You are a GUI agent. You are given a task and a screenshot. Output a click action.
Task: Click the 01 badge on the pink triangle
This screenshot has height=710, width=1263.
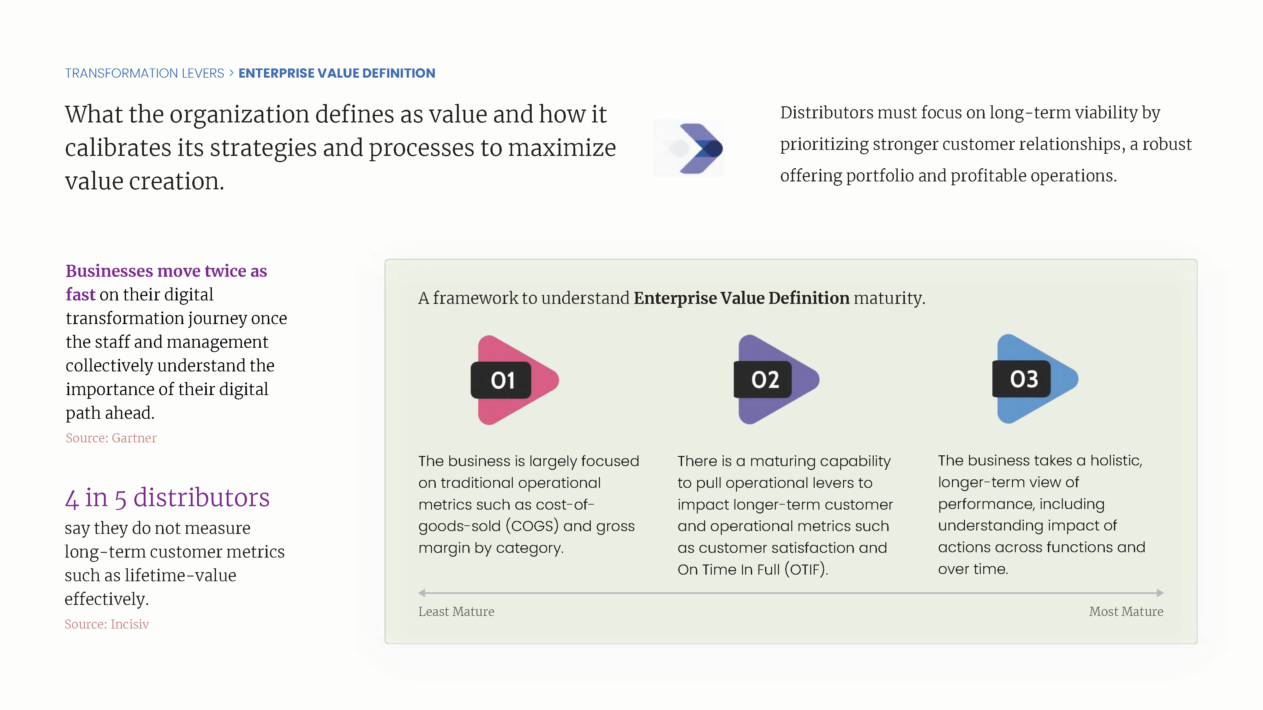(500, 380)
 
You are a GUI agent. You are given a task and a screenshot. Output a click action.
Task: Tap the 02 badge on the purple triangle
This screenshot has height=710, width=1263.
(763, 380)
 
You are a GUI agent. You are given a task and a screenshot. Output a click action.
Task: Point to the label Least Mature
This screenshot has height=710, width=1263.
(456, 612)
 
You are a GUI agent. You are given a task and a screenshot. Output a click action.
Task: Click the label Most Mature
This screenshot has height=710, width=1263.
(1126, 612)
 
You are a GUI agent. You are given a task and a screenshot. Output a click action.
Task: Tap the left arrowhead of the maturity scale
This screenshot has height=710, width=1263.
(422, 593)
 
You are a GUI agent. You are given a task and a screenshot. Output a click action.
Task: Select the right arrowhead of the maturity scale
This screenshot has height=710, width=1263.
(1160, 593)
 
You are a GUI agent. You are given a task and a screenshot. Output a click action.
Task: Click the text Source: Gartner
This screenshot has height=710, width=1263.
(111, 438)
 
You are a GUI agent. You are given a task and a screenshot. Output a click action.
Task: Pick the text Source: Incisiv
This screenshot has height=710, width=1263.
(107, 624)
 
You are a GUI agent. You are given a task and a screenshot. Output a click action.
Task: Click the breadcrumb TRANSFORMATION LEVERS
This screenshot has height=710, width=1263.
(145, 74)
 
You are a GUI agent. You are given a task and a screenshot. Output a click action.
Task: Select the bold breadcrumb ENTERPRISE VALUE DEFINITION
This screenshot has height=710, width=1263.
(337, 74)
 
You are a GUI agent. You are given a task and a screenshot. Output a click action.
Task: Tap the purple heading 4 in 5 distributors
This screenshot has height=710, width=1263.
(167, 498)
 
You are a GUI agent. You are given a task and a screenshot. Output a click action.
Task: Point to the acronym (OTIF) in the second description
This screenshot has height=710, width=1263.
(806, 569)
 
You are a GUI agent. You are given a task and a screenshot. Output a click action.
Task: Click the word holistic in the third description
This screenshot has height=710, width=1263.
(1116, 461)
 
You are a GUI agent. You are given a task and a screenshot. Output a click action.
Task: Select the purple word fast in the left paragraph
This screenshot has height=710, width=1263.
(81, 294)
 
